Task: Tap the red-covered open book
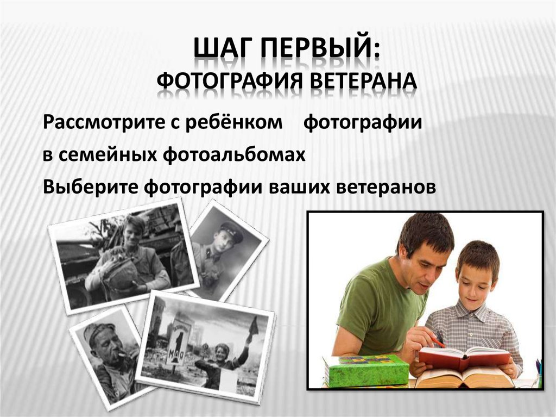(464, 356)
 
